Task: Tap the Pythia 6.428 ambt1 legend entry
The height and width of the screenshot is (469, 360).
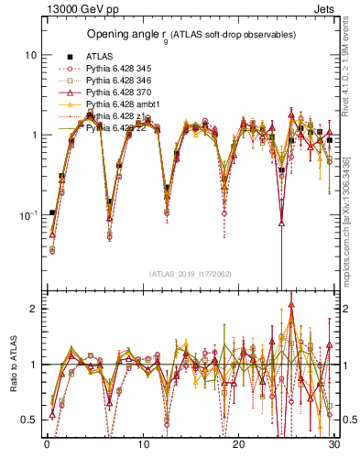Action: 118,104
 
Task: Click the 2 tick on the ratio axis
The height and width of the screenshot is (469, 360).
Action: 33,309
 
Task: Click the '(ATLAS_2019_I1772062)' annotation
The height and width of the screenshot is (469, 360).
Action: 191,274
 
